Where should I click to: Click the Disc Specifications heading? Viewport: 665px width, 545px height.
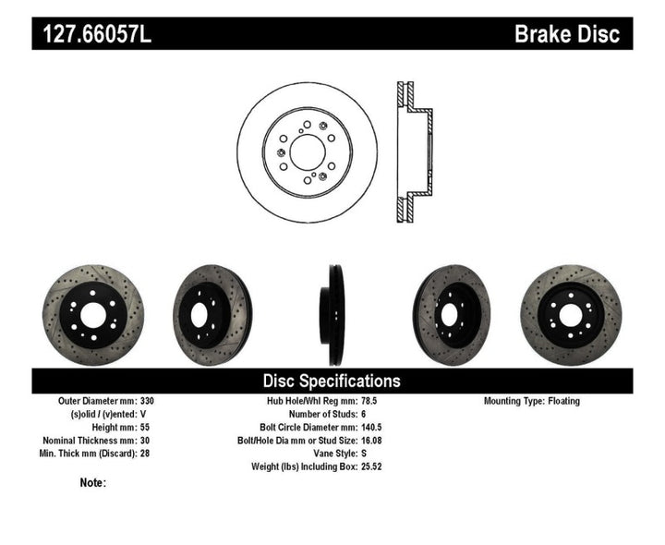(x=332, y=381)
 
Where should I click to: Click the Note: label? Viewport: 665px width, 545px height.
(x=93, y=482)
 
